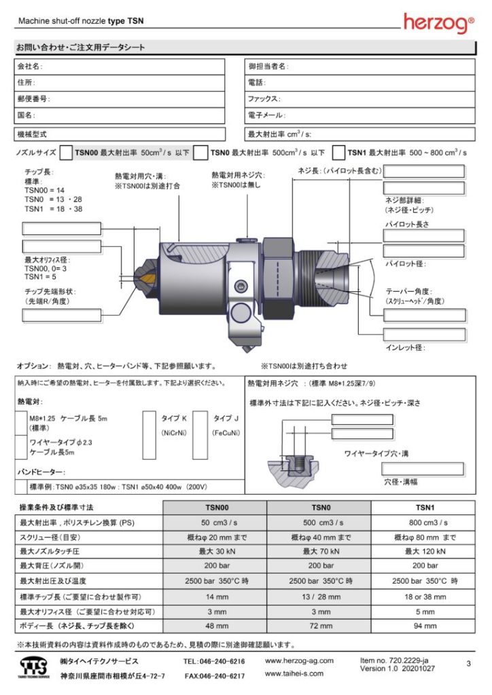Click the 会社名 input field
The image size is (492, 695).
tap(120, 67)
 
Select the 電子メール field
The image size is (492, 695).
tap(359, 115)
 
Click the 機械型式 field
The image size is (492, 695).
tap(120, 134)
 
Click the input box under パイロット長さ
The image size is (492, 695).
tap(424, 236)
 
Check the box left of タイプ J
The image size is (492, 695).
tap(200, 434)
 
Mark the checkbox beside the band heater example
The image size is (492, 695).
tap(20, 487)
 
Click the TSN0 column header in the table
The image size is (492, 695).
tap(319, 507)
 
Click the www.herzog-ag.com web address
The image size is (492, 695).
tap(299, 660)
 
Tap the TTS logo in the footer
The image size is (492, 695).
tap(35, 667)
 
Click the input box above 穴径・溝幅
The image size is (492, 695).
tap(422, 468)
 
